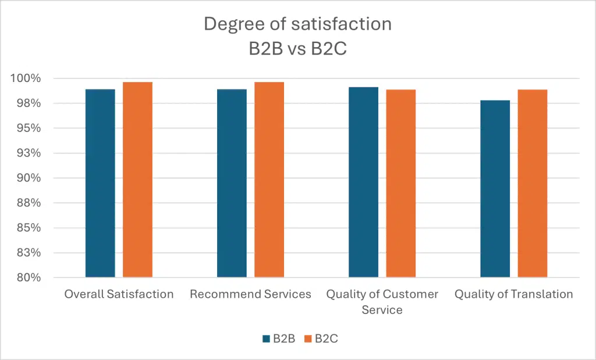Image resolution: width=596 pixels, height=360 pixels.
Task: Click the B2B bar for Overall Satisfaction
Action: tap(100, 183)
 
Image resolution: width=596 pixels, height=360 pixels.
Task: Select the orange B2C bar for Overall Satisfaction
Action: tap(137, 180)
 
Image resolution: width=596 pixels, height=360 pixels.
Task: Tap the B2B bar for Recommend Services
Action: tap(232, 183)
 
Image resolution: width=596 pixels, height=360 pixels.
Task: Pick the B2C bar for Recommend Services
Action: tap(269, 180)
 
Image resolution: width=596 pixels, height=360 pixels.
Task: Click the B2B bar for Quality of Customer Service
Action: tap(363, 182)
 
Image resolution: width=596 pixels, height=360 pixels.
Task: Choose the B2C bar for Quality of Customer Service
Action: tap(400, 183)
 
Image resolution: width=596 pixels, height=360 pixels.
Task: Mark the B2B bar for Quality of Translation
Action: tap(495, 189)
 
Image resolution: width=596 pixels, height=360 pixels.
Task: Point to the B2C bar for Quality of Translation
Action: tap(532, 183)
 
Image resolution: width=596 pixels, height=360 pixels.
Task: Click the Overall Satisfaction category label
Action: tap(119, 294)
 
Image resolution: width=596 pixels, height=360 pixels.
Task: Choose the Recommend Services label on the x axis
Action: tap(250, 294)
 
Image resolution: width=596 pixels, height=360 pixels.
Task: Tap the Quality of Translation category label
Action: tap(513, 294)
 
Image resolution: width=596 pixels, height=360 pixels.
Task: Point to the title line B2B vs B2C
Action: tap(297, 48)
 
